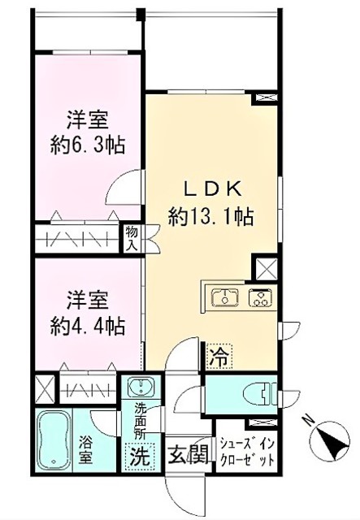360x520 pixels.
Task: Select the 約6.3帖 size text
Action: tap(90, 146)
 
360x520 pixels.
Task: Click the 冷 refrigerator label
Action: tap(217, 355)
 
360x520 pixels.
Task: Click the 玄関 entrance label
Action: tap(185, 456)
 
